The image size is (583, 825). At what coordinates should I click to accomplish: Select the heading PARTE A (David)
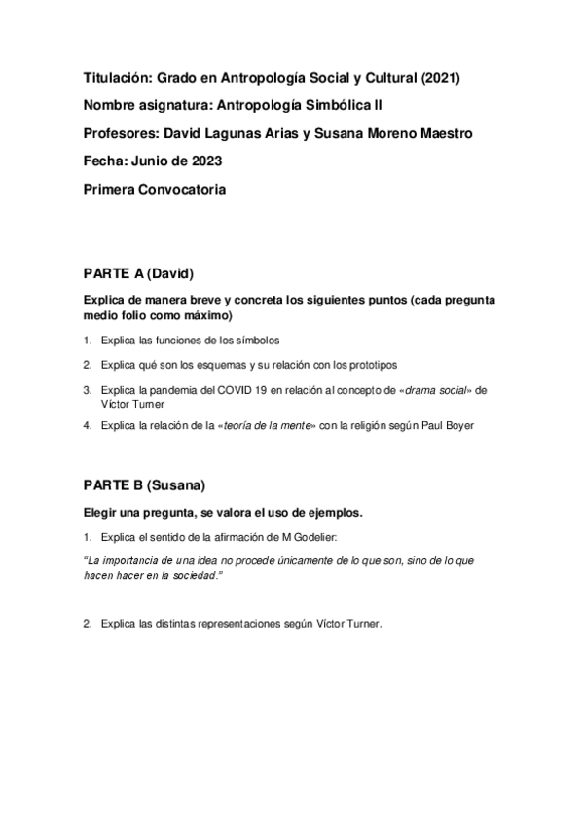point(147,274)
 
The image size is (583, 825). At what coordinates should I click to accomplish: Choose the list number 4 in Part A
point(87,425)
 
